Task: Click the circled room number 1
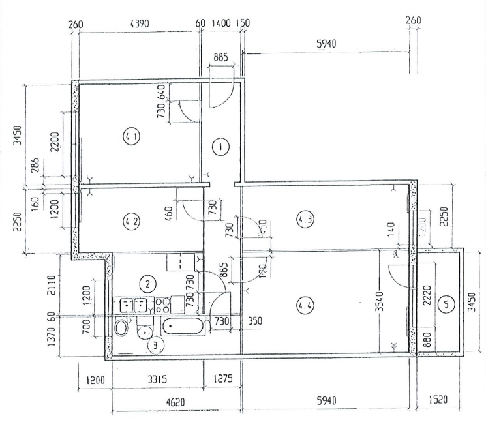click(x=221, y=147)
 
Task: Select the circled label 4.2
click(x=131, y=222)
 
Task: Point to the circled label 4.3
click(x=304, y=219)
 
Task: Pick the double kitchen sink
click(x=133, y=305)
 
